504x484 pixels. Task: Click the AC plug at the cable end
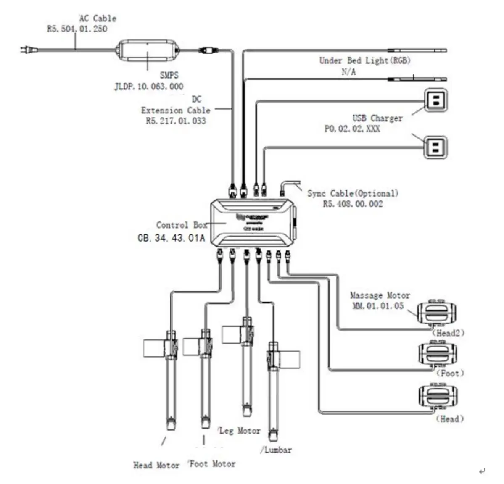26,50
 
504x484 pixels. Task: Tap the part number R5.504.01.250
77,29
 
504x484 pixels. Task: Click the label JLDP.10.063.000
149,87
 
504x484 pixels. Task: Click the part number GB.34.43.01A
172,238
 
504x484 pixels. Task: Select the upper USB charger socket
435,100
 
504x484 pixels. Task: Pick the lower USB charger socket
435,147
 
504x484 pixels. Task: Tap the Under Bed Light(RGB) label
364,60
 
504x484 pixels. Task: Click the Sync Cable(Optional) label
353,193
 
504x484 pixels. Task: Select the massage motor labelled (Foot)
437,353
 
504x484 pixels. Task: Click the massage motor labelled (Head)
437,396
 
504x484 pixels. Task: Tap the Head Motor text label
156,465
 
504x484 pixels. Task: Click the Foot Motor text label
212,464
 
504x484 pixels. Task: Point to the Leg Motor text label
240,431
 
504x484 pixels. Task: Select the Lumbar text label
277,450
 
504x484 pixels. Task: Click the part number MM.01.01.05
378,306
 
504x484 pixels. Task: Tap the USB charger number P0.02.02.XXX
352,129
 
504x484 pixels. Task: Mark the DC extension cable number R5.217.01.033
176,121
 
